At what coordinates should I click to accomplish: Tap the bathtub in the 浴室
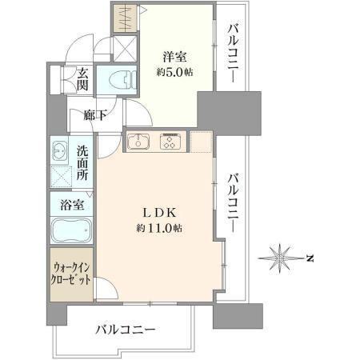[72, 230]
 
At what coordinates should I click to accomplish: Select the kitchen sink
[138, 142]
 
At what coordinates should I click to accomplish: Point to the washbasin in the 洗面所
[59, 150]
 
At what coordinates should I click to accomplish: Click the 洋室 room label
[175, 57]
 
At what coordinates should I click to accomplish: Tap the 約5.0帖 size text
[174, 72]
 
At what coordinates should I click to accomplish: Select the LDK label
[159, 213]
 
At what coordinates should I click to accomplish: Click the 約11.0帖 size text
[159, 228]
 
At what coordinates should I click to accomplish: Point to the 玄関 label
[82, 78]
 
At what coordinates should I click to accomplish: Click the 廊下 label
[95, 115]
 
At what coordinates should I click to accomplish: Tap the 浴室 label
[72, 205]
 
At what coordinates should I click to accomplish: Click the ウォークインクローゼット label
[72, 274]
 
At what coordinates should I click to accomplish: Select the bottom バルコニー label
[126, 330]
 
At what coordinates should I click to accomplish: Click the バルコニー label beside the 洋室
[232, 54]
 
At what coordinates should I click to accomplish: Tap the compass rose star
[280, 258]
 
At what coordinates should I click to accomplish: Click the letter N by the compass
[310, 258]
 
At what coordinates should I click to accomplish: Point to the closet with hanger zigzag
[126, 18]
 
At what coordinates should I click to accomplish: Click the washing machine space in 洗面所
[62, 176]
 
